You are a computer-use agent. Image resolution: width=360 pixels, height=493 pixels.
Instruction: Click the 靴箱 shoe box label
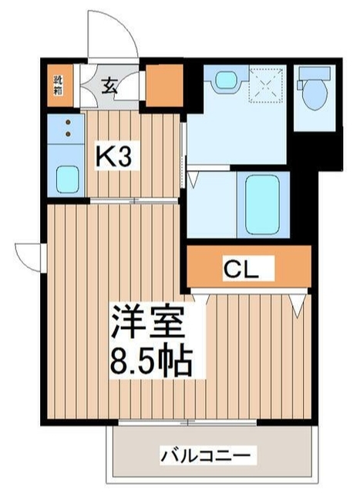point(59,85)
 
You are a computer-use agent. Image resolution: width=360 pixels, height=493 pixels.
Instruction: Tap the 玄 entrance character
point(111,85)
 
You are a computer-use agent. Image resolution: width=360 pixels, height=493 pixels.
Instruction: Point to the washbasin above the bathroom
point(226,80)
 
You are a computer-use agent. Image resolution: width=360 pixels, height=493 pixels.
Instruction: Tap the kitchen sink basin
point(68,179)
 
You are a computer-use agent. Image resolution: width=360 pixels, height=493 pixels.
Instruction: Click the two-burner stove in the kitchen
point(68,128)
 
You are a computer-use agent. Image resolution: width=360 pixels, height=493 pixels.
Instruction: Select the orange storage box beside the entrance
point(163,85)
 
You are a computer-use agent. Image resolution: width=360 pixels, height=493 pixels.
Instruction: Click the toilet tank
point(313,75)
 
